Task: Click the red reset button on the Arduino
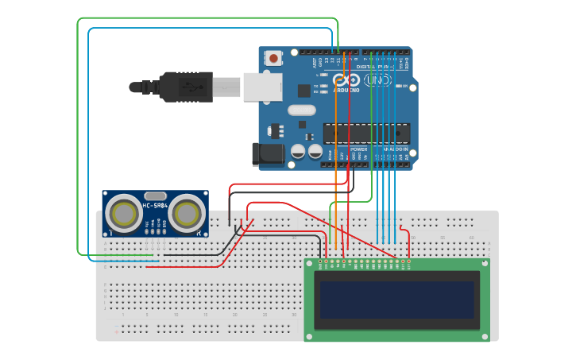click(x=274, y=58)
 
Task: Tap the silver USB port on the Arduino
click(x=262, y=87)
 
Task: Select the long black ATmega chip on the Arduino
click(x=366, y=134)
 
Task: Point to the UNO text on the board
click(x=377, y=80)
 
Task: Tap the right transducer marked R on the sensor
click(x=186, y=213)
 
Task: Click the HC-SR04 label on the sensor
click(x=156, y=207)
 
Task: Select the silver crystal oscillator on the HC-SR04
click(x=156, y=195)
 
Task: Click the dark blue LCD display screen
click(x=397, y=300)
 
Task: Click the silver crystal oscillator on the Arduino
click(x=302, y=110)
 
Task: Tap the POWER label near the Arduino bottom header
click(x=359, y=149)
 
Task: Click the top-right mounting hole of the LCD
click(x=484, y=264)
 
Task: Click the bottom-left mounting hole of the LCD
click(x=310, y=337)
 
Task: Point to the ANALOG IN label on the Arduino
click(x=395, y=149)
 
